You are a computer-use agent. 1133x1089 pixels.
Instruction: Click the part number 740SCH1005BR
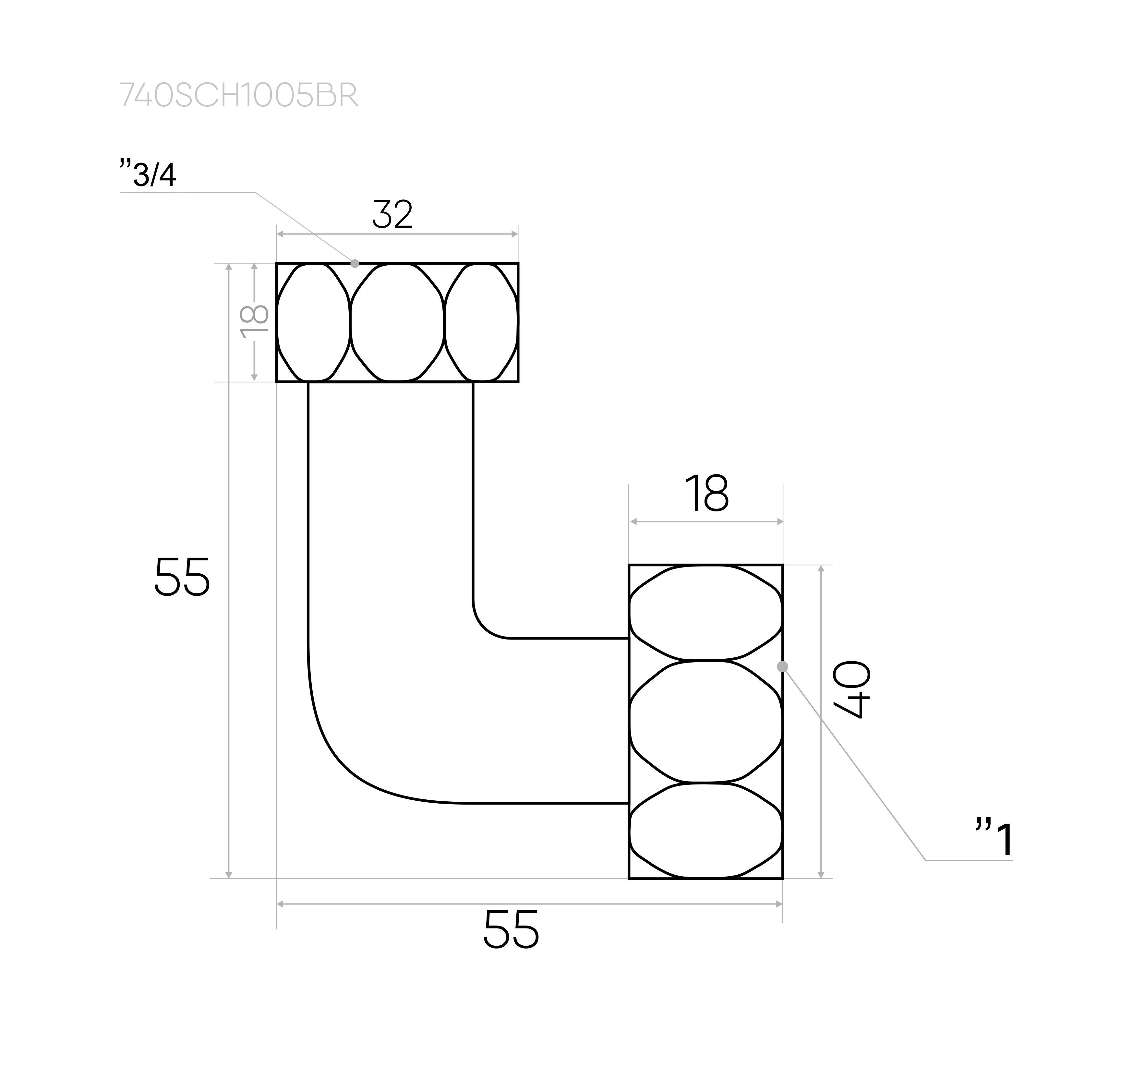click(x=239, y=95)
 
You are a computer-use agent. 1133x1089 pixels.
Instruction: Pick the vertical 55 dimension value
click(x=182, y=577)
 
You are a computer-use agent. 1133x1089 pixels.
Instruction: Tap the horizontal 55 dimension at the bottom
click(x=511, y=929)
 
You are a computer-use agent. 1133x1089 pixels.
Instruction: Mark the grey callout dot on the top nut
click(x=355, y=264)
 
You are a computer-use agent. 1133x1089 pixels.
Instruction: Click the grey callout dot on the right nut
click(x=783, y=666)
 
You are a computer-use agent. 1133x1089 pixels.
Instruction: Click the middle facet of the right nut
click(x=706, y=721)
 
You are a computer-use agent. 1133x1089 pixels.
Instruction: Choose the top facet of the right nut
click(x=706, y=612)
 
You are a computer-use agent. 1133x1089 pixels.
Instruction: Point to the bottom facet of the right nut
click(x=706, y=831)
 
